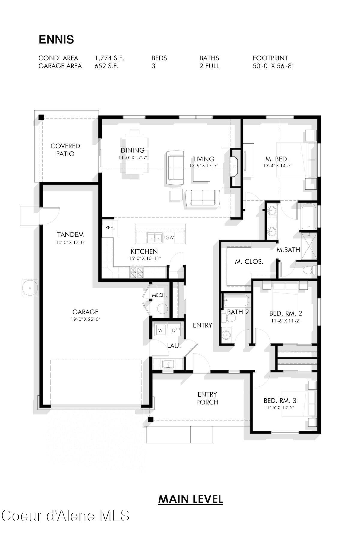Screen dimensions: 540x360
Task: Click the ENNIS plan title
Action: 56,40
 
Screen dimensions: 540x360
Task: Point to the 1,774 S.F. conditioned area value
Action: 109,58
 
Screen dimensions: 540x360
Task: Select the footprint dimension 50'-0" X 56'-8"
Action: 273,66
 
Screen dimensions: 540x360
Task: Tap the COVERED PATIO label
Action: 65,150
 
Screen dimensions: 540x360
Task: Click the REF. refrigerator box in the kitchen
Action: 109,228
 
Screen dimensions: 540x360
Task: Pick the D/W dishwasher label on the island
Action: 169,238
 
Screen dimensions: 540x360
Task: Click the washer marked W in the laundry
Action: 160,330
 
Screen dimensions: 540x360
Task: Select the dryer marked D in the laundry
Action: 174,330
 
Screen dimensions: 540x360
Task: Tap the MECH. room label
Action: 159,295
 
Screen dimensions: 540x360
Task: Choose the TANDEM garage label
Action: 70,235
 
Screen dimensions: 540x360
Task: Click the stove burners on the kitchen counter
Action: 136,272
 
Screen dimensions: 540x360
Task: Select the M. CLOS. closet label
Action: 249,262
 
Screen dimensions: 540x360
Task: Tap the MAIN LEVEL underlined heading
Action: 190,499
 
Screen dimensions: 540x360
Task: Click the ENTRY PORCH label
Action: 207,398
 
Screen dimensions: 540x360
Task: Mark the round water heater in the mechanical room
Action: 163,308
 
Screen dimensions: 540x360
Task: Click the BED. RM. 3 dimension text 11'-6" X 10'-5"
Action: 279,408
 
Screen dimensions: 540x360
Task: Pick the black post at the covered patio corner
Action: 41,117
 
